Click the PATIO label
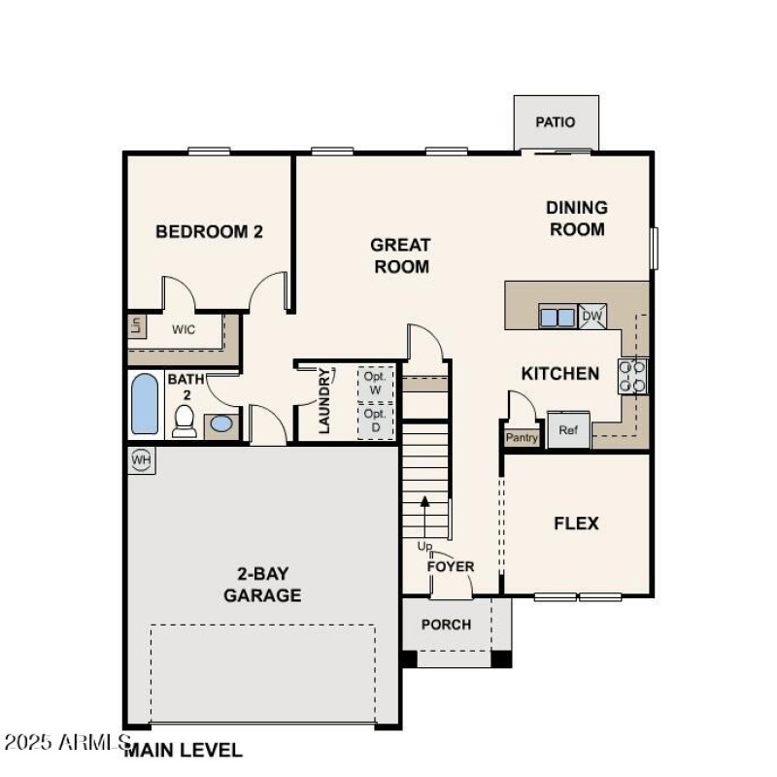[x=556, y=122]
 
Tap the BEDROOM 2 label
[x=209, y=232]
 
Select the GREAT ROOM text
[x=400, y=256]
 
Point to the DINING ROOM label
[x=577, y=219]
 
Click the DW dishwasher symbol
[x=591, y=316]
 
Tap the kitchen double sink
[x=557, y=317]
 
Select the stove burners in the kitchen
[x=633, y=376]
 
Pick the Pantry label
[x=522, y=438]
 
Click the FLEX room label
[x=576, y=524]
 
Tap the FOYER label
[x=451, y=566]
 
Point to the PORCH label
[x=446, y=625]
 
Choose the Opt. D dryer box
[x=375, y=421]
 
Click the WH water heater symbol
[x=141, y=458]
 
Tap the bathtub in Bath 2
[x=144, y=405]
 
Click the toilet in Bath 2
[x=184, y=422]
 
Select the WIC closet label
[x=184, y=329]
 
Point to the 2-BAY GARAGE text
[x=262, y=586]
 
